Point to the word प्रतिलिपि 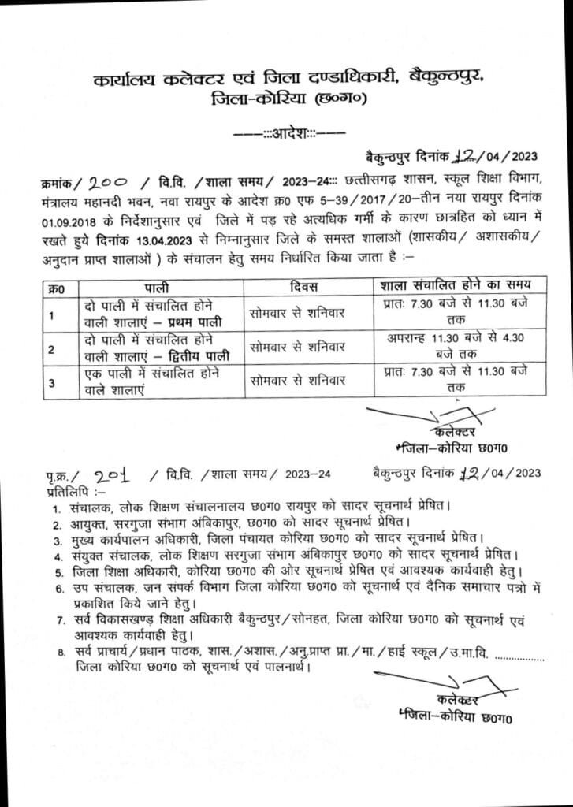[x=65, y=490]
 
